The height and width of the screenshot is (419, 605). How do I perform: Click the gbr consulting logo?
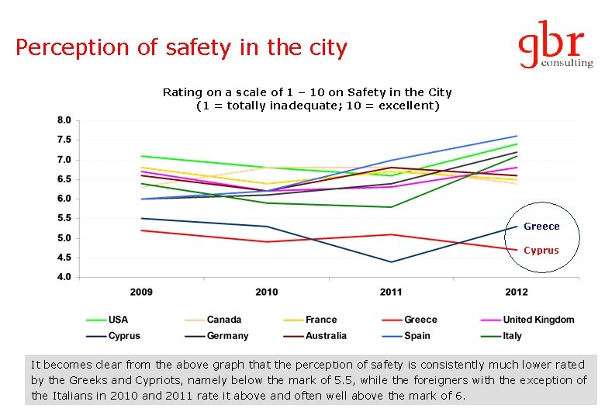coord(555,44)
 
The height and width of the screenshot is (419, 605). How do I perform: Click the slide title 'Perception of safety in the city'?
coord(181,48)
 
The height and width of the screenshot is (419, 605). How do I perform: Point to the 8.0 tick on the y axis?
coord(64,120)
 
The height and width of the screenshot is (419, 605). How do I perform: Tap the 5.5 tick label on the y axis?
coord(64,219)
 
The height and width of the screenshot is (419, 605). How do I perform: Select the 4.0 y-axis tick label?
coord(64,277)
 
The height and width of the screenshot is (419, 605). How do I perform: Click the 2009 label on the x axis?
coord(141,292)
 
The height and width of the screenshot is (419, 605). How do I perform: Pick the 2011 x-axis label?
coord(391,292)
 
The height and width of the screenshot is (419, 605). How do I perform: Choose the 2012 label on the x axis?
coord(516,292)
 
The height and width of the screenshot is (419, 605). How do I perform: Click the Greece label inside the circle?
coord(541,227)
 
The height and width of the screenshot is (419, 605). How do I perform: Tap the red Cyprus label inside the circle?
coord(541,251)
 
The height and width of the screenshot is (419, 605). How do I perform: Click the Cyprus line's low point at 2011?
coord(391,262)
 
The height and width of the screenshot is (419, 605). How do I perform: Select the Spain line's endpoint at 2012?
coord(517,137)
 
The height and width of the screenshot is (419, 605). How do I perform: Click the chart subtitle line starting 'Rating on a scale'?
coord(307,92)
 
